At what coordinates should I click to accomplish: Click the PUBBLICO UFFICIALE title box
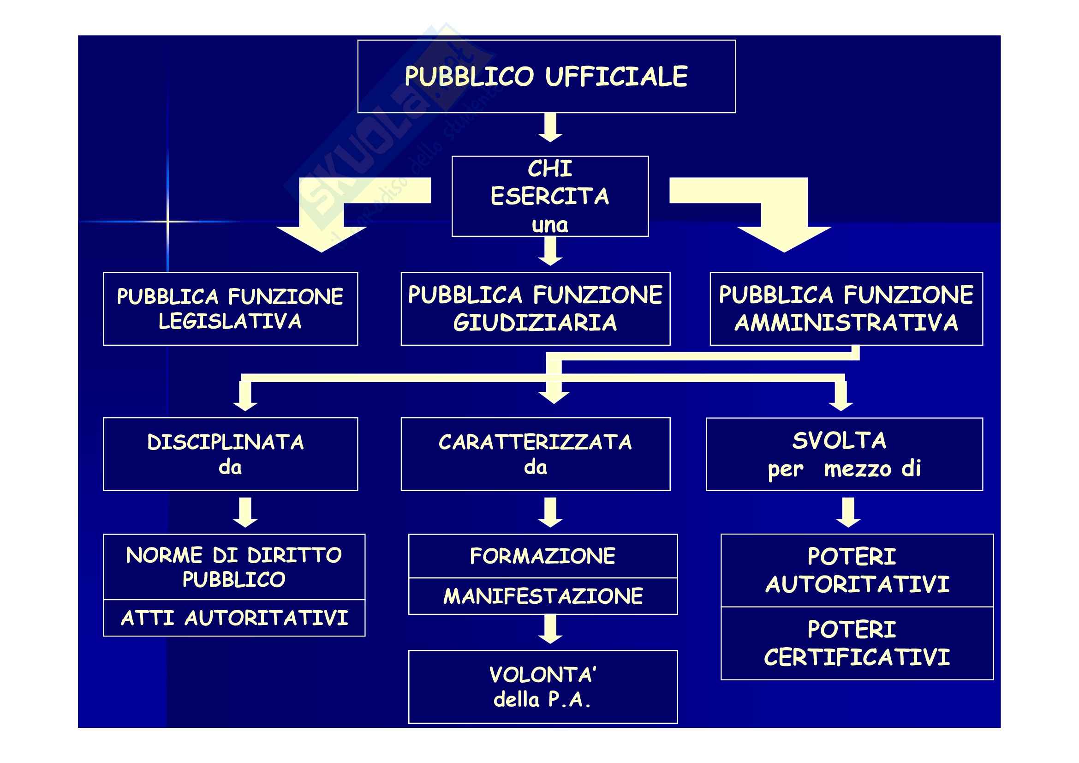tap(546, 76)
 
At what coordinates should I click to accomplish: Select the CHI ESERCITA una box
tap(550, 196)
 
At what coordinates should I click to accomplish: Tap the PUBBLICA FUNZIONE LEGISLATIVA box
tap(230, 309)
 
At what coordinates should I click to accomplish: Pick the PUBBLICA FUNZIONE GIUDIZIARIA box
tap(535, 309)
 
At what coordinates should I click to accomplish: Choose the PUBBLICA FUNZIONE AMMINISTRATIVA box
tap(846, 309)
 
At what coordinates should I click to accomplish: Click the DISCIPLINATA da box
tap(230, 454)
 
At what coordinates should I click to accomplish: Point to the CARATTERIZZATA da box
tap(535, 454)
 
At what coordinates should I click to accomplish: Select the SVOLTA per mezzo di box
tap(844, 454)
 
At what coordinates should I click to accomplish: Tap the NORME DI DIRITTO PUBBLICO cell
tap(234, 566)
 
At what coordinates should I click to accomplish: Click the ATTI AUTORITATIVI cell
tap(234, 618)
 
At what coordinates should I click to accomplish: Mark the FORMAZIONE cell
tap(543, 556)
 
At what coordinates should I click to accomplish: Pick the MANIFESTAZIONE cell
tap(543, 596)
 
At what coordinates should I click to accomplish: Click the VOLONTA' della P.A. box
tap(543, 687)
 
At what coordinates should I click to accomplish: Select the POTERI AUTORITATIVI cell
tap(857, 570)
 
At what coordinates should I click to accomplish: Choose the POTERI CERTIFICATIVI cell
tap(857, 643)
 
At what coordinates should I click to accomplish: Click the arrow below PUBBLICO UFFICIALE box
tap(550, 127)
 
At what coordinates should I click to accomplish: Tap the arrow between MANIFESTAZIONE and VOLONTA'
tap(550, 630)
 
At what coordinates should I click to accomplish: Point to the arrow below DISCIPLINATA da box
tap(245, 512)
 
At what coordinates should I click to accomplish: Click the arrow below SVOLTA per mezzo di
tap(848, 512)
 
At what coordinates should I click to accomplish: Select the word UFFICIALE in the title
tap(617, 76)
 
